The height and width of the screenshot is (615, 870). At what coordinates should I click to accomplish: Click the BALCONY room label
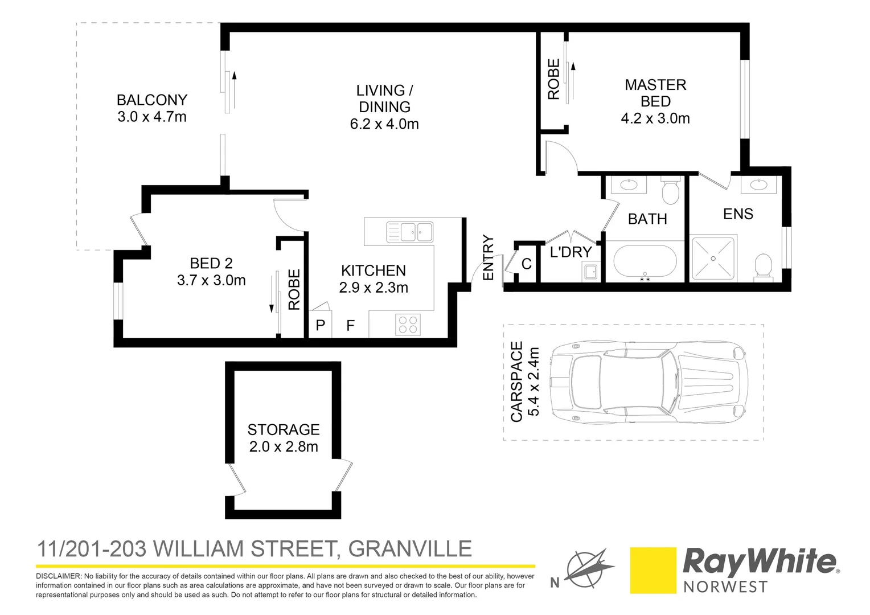tap(151, 100)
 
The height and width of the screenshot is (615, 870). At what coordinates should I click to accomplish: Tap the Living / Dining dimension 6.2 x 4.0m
tap(384, 124)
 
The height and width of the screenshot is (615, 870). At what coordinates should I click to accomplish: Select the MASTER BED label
tap(655, 93)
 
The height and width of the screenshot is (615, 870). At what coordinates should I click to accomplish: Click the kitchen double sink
tap(409, 232)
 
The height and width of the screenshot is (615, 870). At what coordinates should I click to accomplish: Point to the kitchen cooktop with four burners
tap(408, 325)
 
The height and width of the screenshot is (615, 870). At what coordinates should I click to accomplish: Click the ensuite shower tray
tap(712, 259)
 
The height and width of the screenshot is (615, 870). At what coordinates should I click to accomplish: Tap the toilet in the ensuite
tap(762, 266)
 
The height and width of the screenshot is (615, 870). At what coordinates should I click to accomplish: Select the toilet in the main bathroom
tap(670, 191)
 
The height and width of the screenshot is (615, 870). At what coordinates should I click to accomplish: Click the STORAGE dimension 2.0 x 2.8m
tap(284, 447)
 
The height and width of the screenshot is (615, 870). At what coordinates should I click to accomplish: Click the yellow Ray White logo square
tap(652, 571)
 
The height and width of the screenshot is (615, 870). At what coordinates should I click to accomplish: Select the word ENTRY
tap(489, 258)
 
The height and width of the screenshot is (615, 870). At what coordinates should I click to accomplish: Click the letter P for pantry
tap(321, 325)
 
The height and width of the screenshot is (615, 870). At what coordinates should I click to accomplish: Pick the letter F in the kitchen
tap(351, 325)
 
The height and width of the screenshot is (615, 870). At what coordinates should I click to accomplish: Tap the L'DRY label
tap(571, 252)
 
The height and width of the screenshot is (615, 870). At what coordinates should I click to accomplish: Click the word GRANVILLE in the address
tap(410, 549)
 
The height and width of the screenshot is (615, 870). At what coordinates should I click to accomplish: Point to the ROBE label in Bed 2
tap(294, 290)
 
